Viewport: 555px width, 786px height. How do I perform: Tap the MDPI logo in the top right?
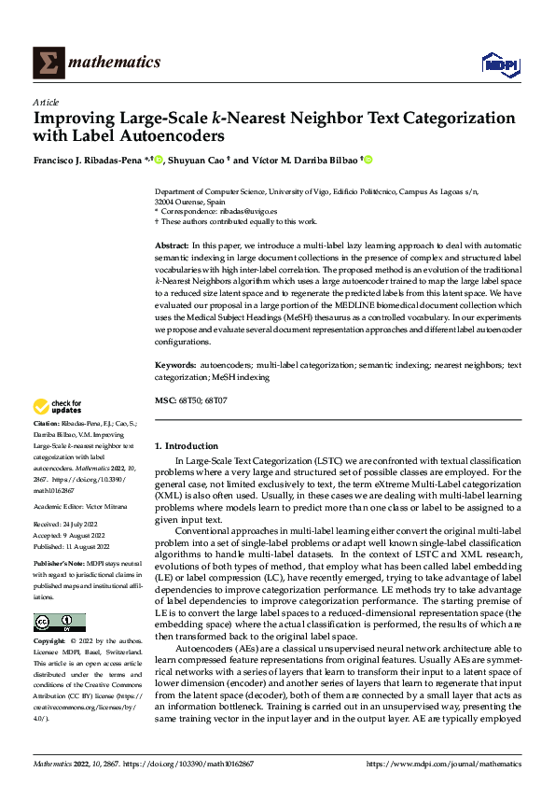pyautogui.click(x=498, y=63)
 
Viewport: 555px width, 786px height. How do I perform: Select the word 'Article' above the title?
pyautogui.click(x=46, y=102)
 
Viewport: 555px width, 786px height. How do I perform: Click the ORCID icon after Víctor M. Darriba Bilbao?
pyautogui.click(x=368, y=161)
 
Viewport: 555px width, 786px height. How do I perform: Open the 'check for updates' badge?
pyautogui.click(x=59, y=407)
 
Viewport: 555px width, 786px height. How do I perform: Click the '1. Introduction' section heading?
pyautogui.click(x=187, y=446)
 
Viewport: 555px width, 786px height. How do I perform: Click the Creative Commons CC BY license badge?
pyautogui.click(x=59, y=623)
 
